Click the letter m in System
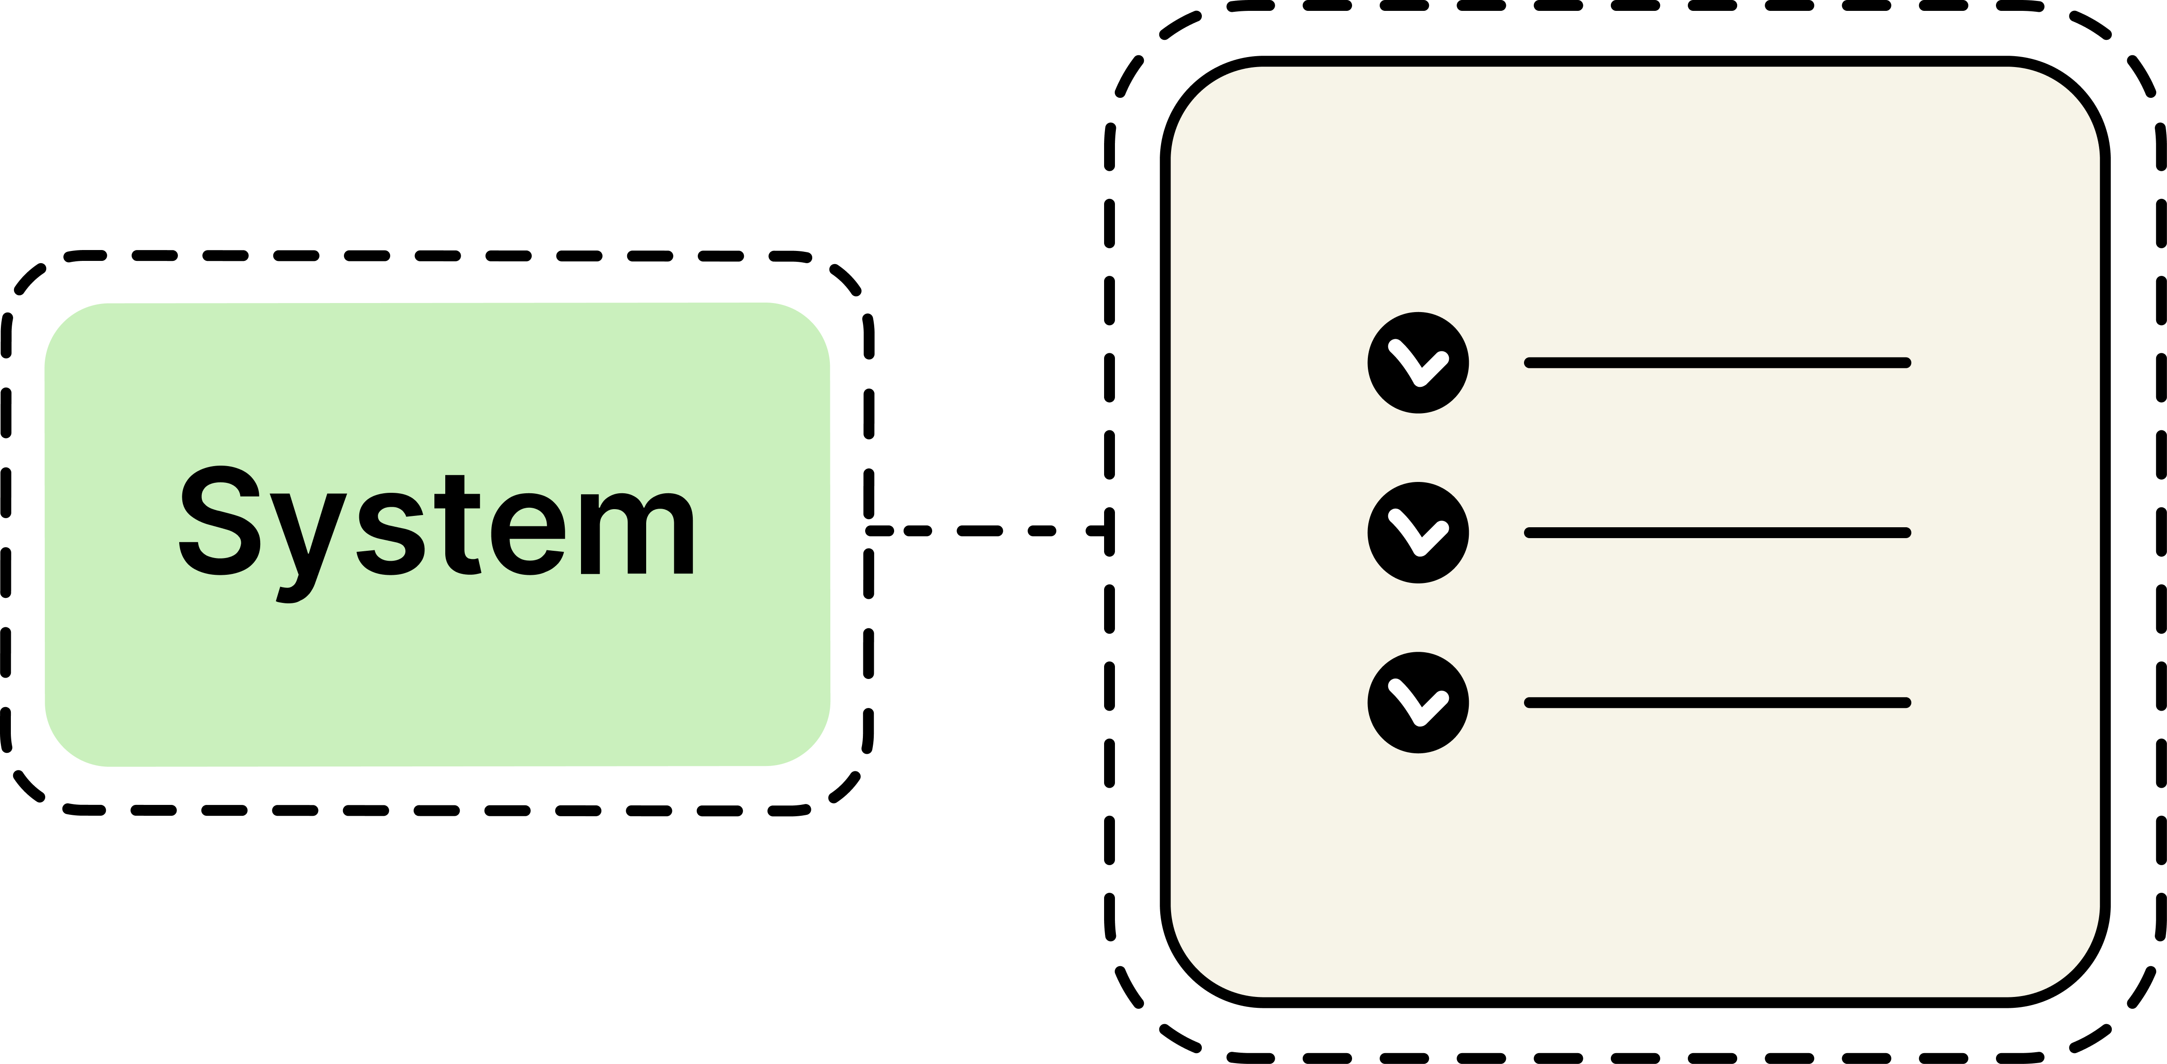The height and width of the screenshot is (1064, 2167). point(638,534)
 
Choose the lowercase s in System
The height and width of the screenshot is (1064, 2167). point(391,534)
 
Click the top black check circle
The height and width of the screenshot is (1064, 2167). point(1418,363)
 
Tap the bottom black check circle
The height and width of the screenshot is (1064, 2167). point(1418,702)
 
